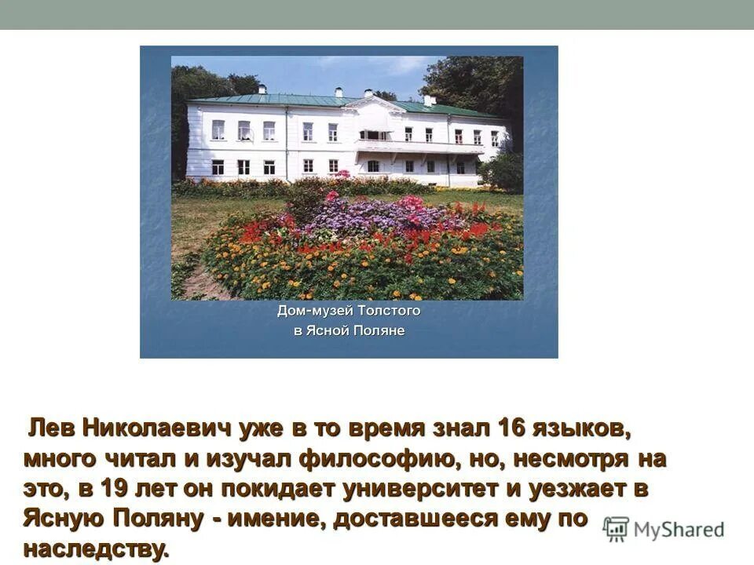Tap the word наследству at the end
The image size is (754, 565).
click(96, 548)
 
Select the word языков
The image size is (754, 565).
click(584, 428)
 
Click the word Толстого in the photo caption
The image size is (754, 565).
click(384, 311)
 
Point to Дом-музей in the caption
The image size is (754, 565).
click(310, 311)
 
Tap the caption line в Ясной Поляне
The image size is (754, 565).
click(349, 331)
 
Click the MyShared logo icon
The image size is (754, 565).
click(617, 529)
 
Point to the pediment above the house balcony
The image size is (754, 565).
click(374, 104)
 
